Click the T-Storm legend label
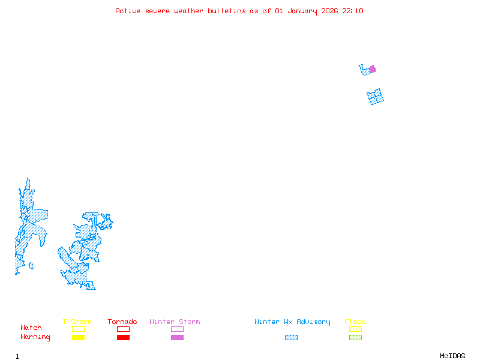(77, 322)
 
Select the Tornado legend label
(122, 322)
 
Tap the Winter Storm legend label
(175, 322)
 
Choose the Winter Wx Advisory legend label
(292, 322)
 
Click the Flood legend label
(355, 322)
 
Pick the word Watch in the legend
(31, 328)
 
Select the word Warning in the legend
(35, 337)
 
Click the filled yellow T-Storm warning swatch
(78, 338)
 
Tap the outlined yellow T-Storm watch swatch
(78, 329)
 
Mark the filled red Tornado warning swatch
(123, 338)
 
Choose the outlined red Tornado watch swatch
(123, 329)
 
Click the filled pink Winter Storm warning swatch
(177, 338)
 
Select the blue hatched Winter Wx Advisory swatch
(291, 338)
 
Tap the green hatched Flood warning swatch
(355, 338)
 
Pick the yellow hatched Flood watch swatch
(355, 329)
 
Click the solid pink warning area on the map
(373, 69)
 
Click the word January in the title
(300, 11)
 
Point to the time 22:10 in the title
(353, 11)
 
